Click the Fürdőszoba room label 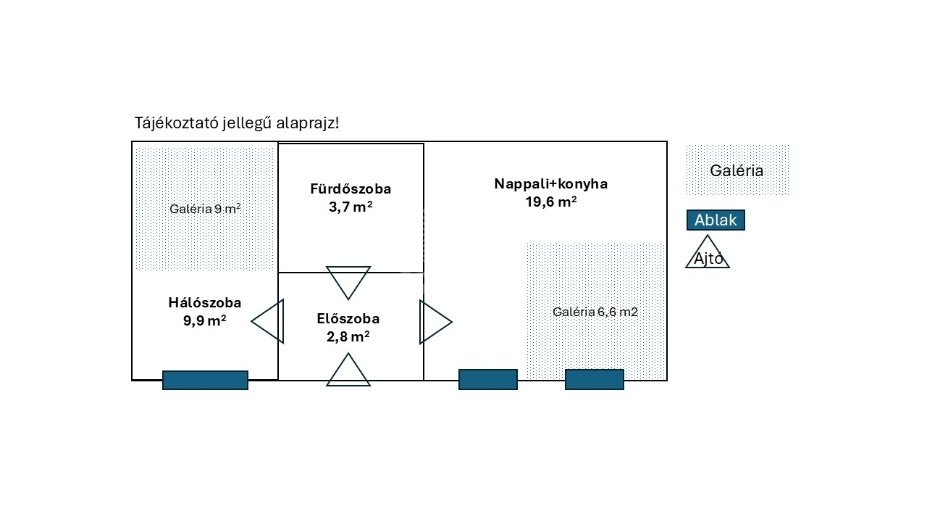(351, 189)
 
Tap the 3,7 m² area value (351, 207)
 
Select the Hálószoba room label (205, 303)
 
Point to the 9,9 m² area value (205, 320)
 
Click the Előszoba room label (348, 318)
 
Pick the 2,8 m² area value (348, 336)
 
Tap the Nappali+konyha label (550, 184)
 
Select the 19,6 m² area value (550, 202)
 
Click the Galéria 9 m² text (205, 209)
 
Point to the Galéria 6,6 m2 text (595, 312)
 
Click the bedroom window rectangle (205, 380)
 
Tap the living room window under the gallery (594, 379)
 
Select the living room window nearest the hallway (487, 379)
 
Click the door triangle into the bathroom (348, 280)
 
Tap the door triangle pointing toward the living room (432, 321)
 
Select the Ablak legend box (716, 220)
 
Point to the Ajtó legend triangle (708, 254)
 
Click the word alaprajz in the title (308, 123)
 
